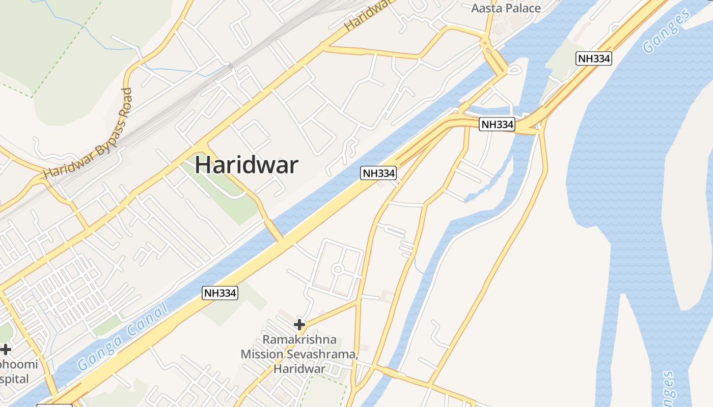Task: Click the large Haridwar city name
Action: tap(246, 165)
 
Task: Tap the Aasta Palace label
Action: tap(506, 8)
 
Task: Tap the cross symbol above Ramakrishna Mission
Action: tap(299, 324)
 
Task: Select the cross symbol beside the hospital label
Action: tap(6, 350)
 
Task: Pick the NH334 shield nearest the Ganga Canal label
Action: tap(220, 293)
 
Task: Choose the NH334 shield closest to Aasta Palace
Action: tap(594, 59)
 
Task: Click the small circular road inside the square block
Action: tap(337, 269)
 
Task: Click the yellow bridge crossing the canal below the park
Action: tap(274, 230)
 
